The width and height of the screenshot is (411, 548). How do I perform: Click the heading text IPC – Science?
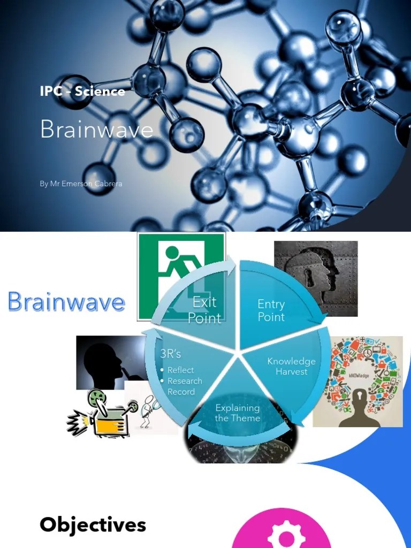(x=82, y=91)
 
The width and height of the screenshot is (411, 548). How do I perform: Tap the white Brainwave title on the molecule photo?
(x=96, y=130)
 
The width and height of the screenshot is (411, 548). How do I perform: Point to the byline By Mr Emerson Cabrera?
(x=81, y=184)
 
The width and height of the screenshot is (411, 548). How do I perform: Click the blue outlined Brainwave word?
(x=66, y=302)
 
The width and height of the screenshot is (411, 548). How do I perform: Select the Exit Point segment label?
(x=204, y=310)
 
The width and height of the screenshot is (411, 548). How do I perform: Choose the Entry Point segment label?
(x=271, y=310)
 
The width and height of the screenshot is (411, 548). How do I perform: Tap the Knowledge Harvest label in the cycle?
(x=292, y=366)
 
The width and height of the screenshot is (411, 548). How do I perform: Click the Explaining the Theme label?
(x=238, y=413)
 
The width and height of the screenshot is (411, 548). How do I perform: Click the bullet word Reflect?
(x=180, y=370)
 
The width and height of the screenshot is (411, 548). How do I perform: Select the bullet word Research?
(x=185, y=381)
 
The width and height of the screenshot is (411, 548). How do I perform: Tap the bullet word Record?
(x=181, y=392)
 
